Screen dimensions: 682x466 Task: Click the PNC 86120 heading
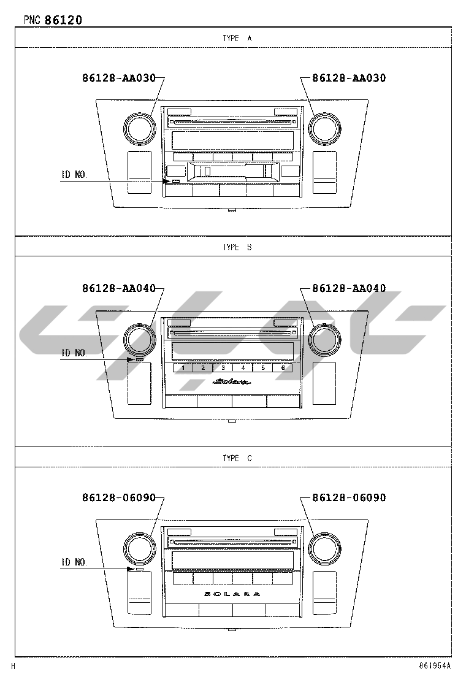[x=53, y=20]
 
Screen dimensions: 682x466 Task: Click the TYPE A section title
[x=237, y=38]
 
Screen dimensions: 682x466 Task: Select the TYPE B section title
[x=237, y=247]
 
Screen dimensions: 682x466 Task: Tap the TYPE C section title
[x=237, y=458]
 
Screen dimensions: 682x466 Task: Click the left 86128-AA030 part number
[x=119, y=78]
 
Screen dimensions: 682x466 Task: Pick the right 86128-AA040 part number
[x=349, y=288]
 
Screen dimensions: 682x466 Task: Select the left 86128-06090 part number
[x=119, y=497]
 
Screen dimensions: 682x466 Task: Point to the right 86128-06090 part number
[x=349, y=497]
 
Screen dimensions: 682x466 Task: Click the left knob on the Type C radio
[x=139, y=548]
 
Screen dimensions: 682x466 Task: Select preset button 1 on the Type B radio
[x=183, y=368]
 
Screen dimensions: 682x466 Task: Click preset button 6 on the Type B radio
[x=283, y=368]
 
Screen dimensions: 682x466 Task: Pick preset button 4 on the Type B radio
[x=243, y=368]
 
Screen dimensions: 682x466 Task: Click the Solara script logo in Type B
[x=232, y=382]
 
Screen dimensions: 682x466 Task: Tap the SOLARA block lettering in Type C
[x=232, y=594]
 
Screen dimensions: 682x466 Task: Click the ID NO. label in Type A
[x=74, y=174]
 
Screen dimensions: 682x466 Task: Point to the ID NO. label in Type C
[x=74, y=562]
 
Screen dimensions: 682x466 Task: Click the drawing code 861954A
[x=435, y=665]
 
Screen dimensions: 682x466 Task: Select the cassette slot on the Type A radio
[x=232, y=171]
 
